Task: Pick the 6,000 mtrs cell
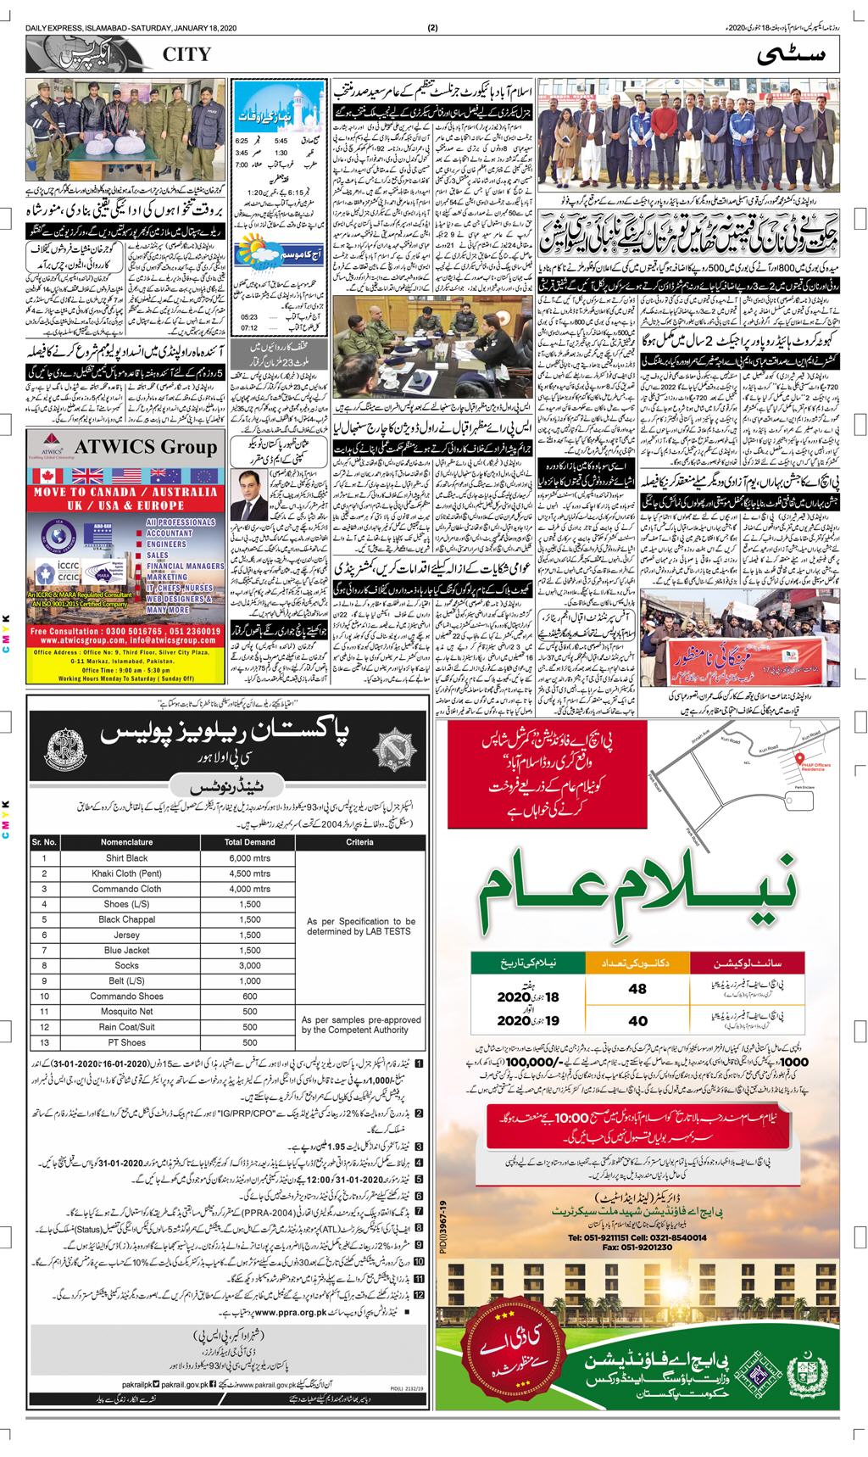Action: [248, 858]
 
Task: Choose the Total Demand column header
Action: [248, 842]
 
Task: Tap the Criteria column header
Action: [359, 842]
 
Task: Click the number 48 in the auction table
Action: [637, 988]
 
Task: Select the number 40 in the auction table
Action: [637, 1021]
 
